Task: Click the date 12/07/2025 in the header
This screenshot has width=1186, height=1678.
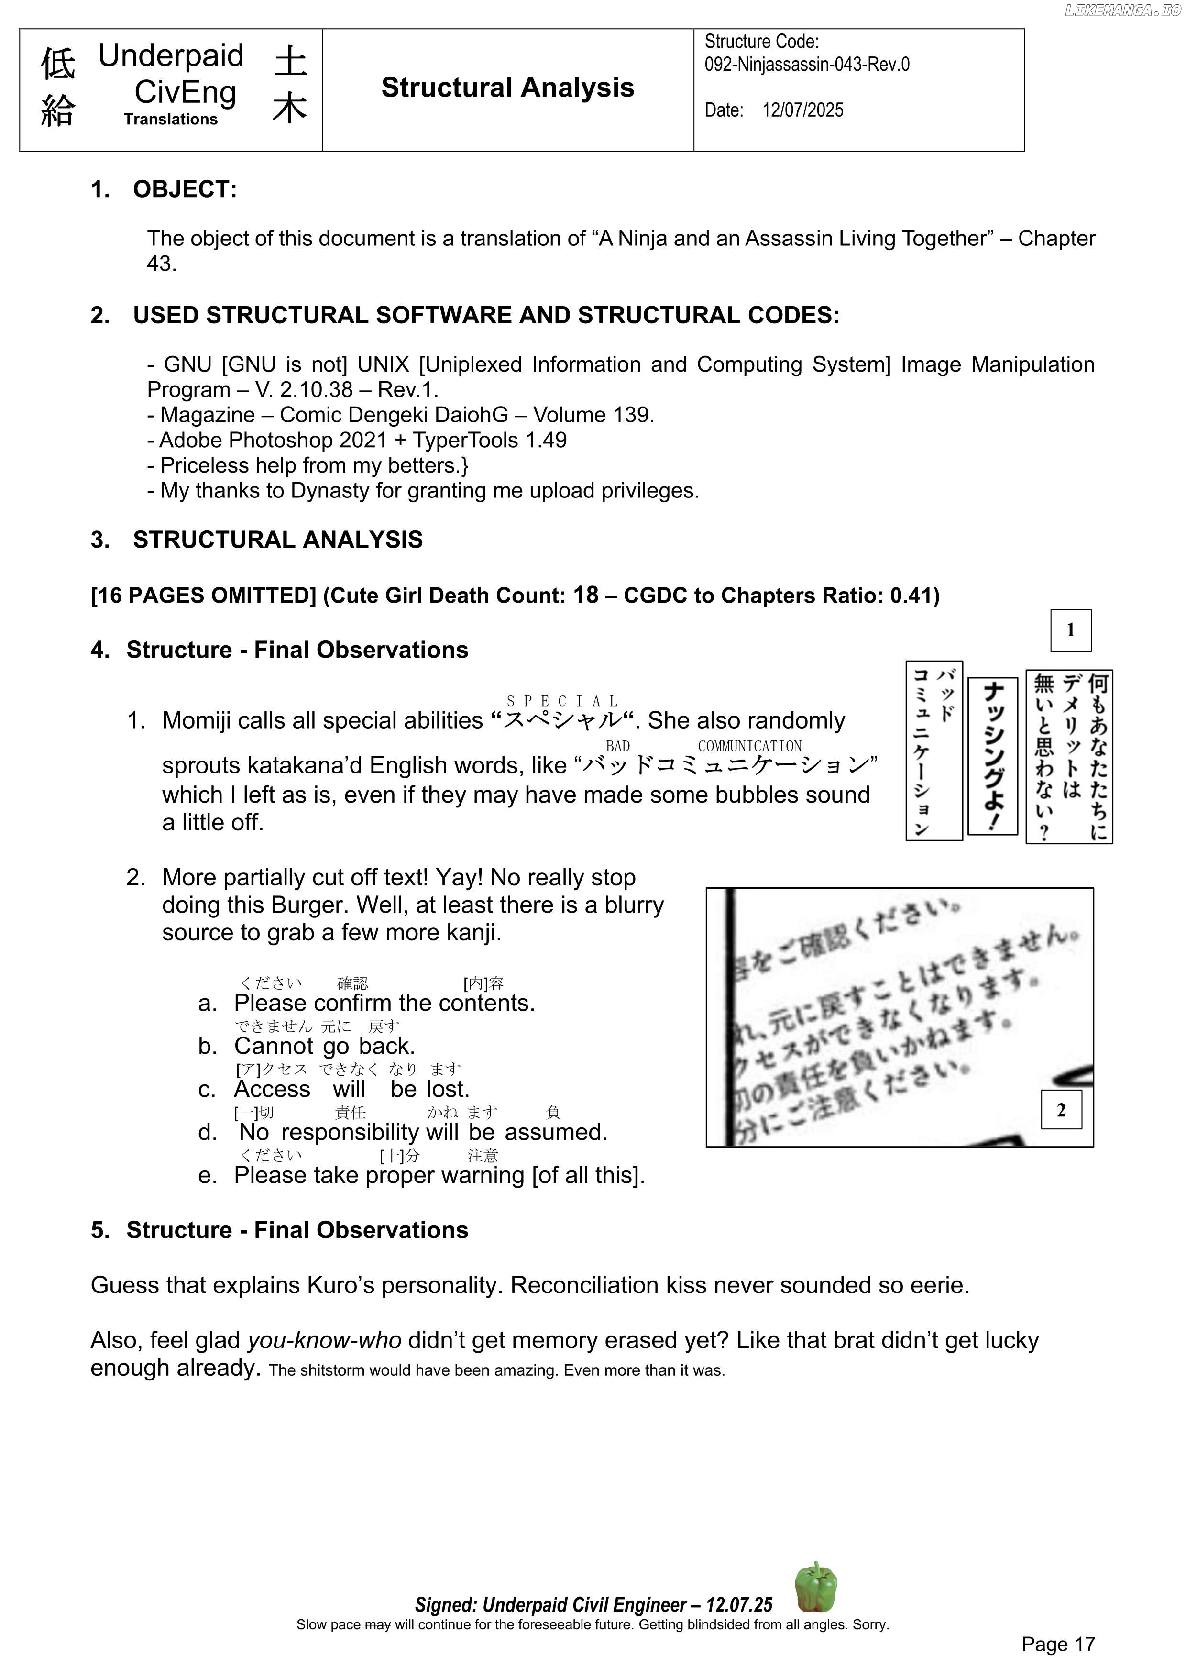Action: (802, 110)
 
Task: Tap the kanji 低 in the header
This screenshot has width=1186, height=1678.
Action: (58, 64)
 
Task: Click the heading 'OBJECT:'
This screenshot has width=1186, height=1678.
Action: (185, 189)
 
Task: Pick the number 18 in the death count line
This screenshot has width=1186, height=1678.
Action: (585, 595)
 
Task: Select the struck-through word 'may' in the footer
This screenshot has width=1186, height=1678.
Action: (378, 1624)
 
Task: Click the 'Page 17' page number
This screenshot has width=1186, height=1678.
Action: (1058, 1645)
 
